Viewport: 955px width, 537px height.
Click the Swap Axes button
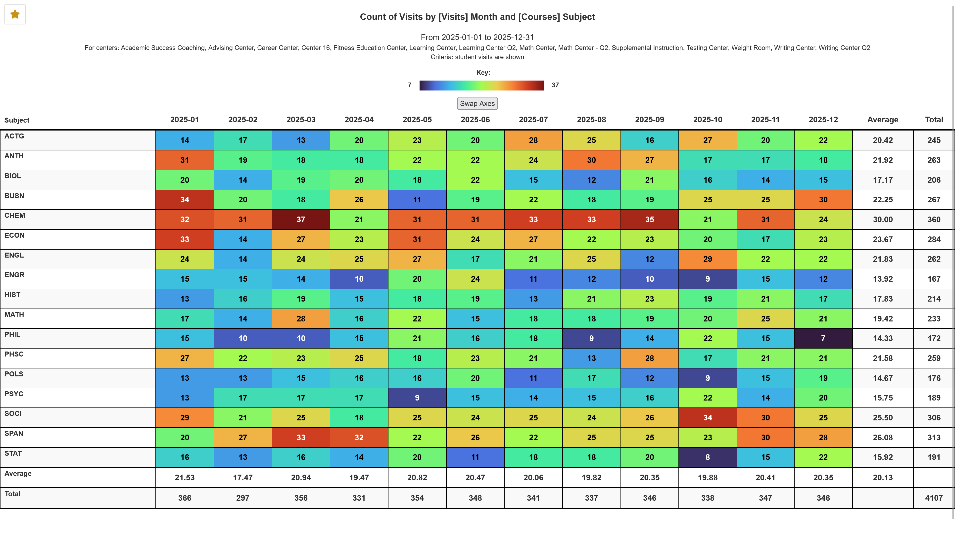477,103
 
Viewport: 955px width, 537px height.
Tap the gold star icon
15,14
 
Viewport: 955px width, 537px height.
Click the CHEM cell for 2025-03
301,219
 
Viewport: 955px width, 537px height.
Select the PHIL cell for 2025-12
823,338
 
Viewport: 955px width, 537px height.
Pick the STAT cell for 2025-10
707,457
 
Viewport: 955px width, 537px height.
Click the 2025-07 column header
533,120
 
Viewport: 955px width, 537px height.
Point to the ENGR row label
14,275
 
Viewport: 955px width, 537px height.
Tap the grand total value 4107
934,498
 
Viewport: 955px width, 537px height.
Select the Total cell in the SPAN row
934,438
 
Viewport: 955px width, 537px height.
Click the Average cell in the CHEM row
882,219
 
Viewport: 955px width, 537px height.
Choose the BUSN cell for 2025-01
185,200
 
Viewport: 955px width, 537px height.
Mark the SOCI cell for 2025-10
707,418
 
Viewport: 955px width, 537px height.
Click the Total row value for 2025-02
242,498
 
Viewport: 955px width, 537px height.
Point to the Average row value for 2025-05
417,478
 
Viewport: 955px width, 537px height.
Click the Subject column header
17,120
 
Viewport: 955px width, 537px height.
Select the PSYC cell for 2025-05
417,398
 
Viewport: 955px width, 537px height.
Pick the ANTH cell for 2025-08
591,160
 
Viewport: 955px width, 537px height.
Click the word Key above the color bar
483,73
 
